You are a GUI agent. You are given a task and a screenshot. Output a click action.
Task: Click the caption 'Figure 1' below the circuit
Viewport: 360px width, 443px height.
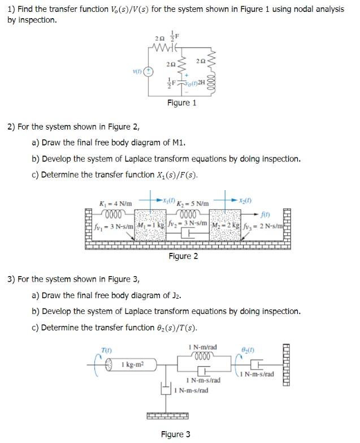181,103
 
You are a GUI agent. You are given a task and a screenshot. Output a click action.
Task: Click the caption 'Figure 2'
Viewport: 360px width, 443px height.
183,256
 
